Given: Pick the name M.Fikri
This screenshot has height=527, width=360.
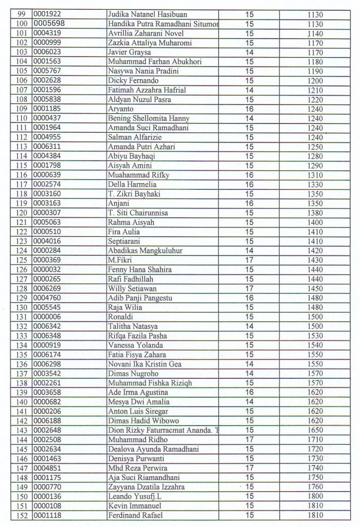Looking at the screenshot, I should point(117,260).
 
